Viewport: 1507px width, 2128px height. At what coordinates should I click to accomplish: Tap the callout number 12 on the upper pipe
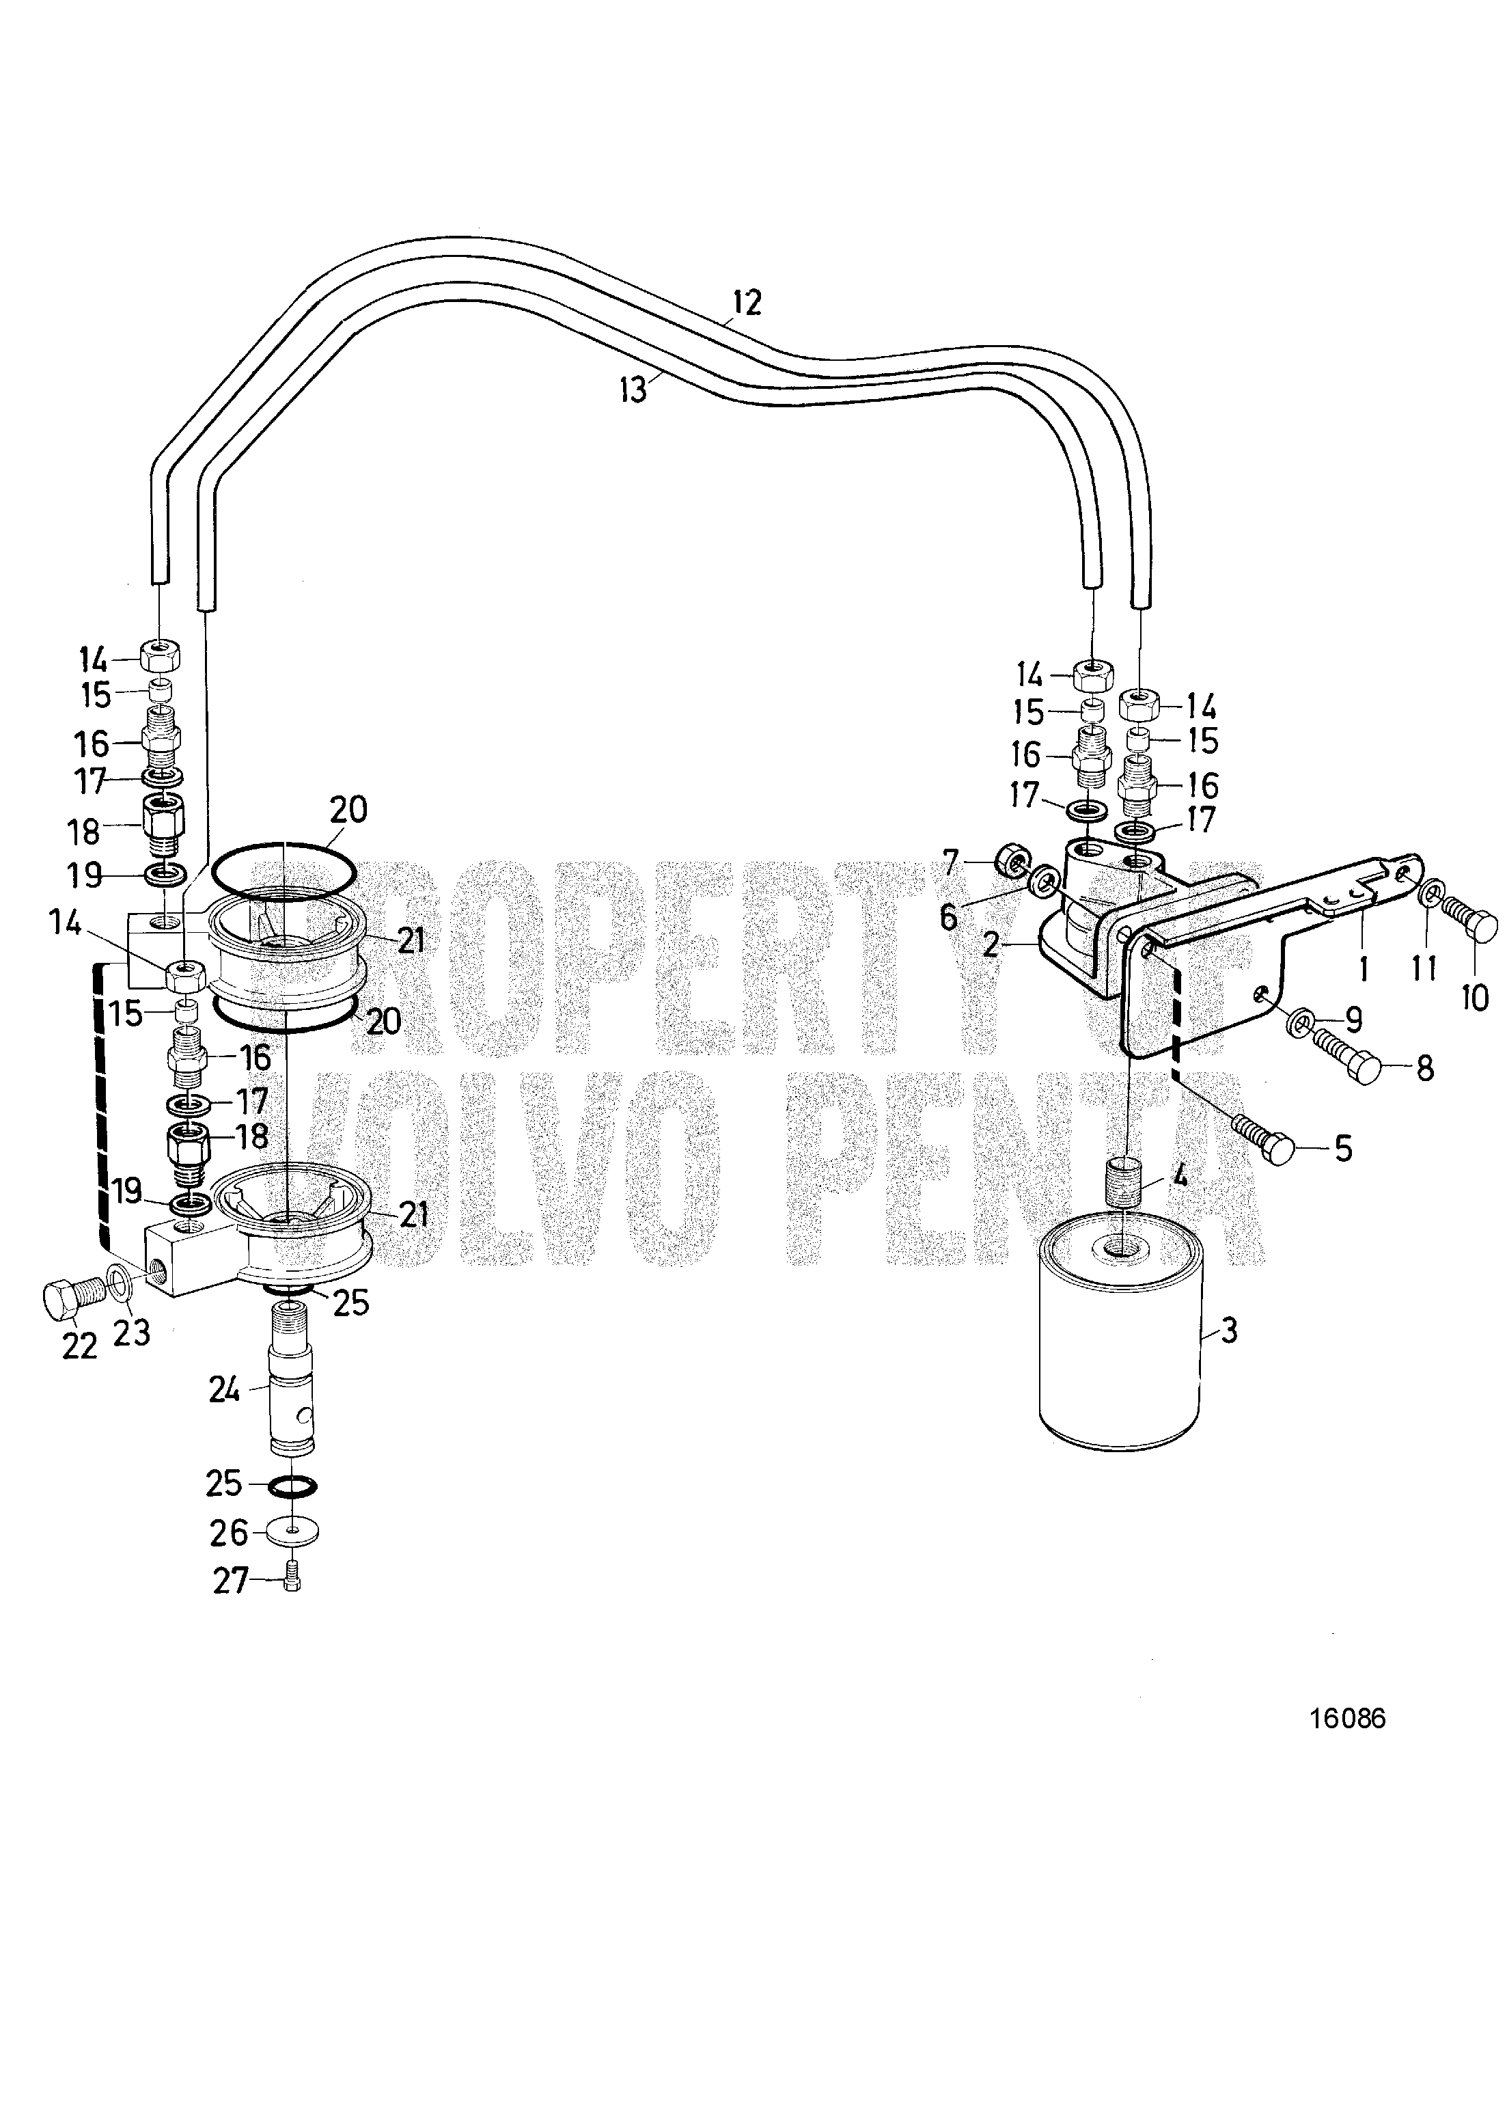click(746, 303)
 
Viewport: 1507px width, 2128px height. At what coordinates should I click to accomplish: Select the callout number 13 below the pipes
click(634, 390)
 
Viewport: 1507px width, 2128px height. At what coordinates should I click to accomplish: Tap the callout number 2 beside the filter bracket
click(991, 944)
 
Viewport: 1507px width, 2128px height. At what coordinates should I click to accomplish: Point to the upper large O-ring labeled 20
click(282, 874)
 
